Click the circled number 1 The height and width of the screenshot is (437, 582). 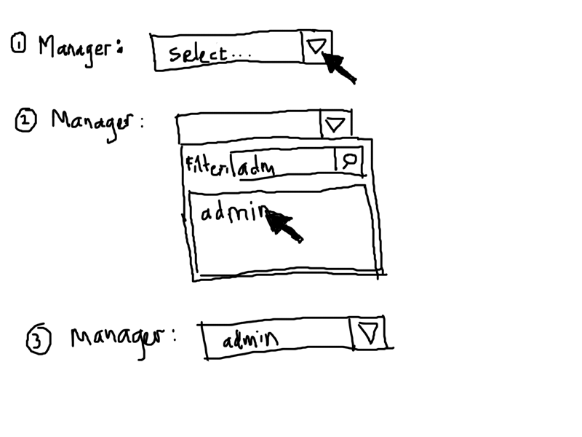point(18,45)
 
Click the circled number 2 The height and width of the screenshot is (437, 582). point(26,121)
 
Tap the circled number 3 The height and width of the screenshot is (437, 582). point(38,341)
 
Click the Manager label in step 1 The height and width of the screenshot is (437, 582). point(76,50)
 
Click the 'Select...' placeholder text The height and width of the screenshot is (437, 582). point(207,54)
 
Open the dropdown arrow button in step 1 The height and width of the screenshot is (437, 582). point(316,48)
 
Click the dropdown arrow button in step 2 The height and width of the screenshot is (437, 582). point(335,124)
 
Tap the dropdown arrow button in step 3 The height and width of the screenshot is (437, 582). point(367,334)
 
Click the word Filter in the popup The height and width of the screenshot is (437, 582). point(207,165)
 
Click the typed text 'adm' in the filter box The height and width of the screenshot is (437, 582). point(256,168)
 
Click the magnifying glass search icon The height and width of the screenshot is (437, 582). point(348,160)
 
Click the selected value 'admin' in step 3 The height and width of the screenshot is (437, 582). point(250,340)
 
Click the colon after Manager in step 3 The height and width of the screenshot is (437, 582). point(174,337)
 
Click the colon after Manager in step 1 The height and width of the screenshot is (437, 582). point(119,50)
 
